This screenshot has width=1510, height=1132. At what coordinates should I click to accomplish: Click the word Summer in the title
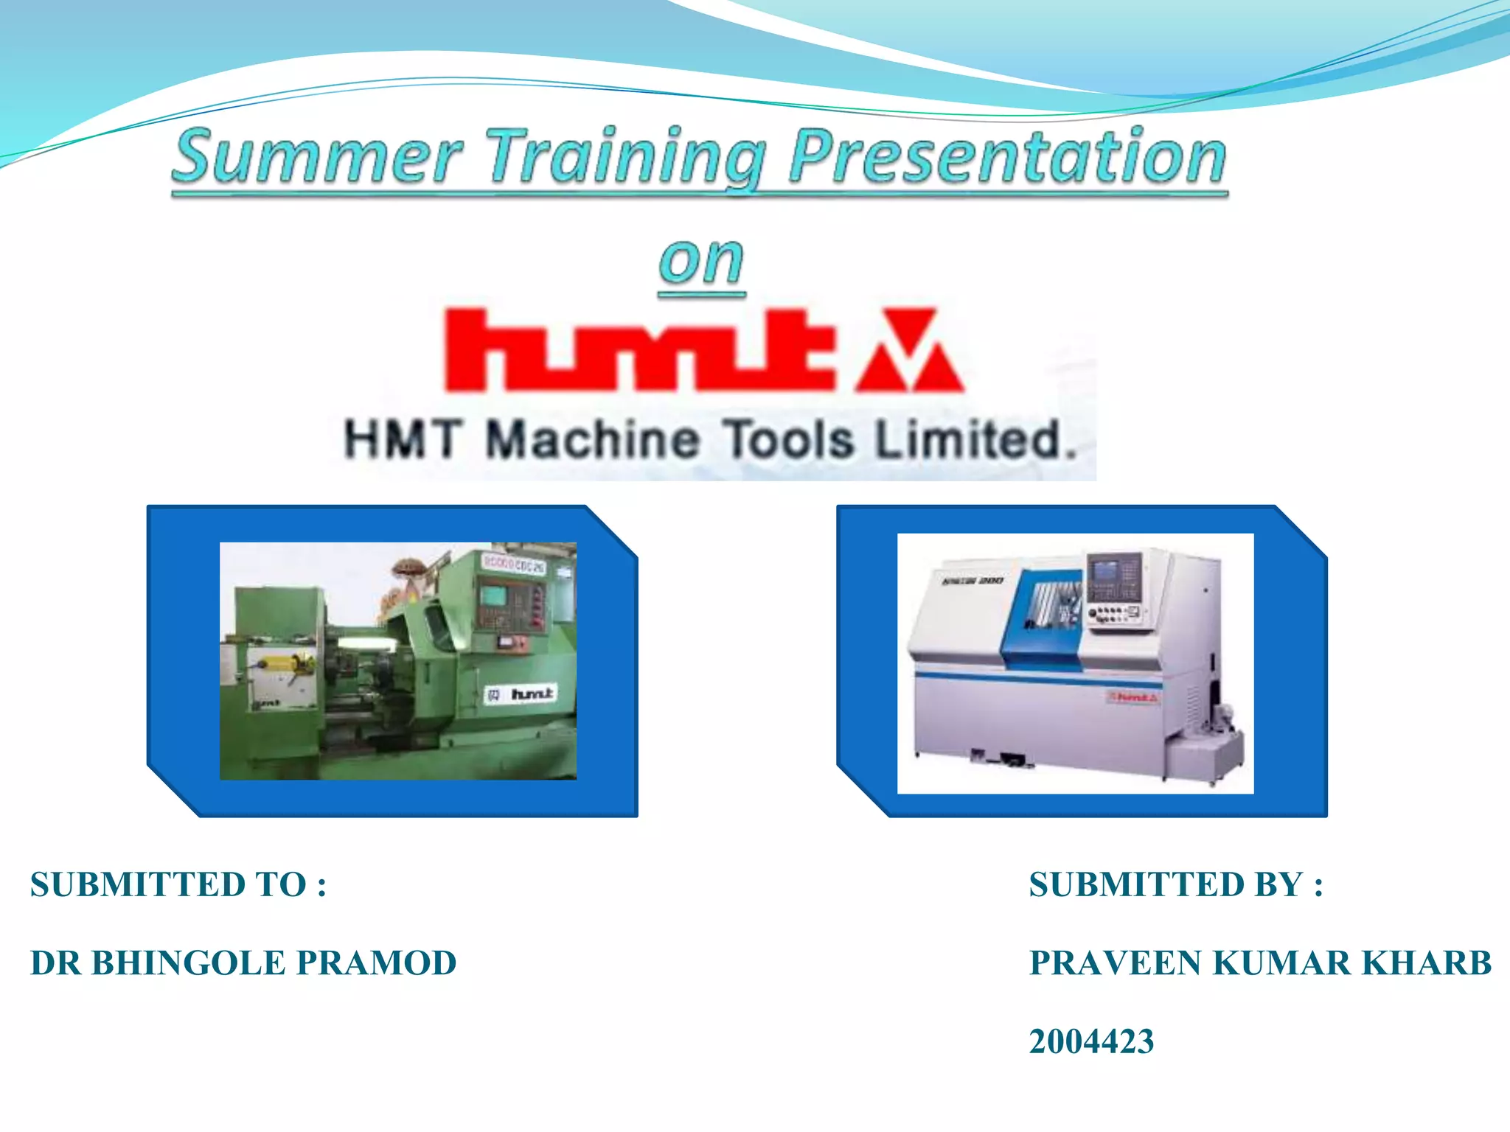[x=317, y=156]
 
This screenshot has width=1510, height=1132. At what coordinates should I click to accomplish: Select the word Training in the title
[x=627, y=156]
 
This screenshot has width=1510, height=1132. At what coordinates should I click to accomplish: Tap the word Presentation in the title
[x=1006, y=156]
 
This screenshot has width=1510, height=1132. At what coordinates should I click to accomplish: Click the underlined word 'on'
[x=701, y=262]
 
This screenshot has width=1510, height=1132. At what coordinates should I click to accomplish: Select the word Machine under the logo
[x=592, y=440]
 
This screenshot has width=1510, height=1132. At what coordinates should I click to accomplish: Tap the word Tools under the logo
[x=787, y=440]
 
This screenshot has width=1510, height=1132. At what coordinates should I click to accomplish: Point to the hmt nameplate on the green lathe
[x=522, y=694]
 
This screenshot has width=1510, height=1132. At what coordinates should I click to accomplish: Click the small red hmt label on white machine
[x=1133, y=697]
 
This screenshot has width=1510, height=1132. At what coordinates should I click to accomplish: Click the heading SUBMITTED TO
[x=178, y=884]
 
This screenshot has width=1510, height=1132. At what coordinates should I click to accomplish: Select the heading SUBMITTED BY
[x=1175, y=884]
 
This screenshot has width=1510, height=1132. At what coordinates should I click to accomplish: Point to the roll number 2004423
[x=1091, y=1041]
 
